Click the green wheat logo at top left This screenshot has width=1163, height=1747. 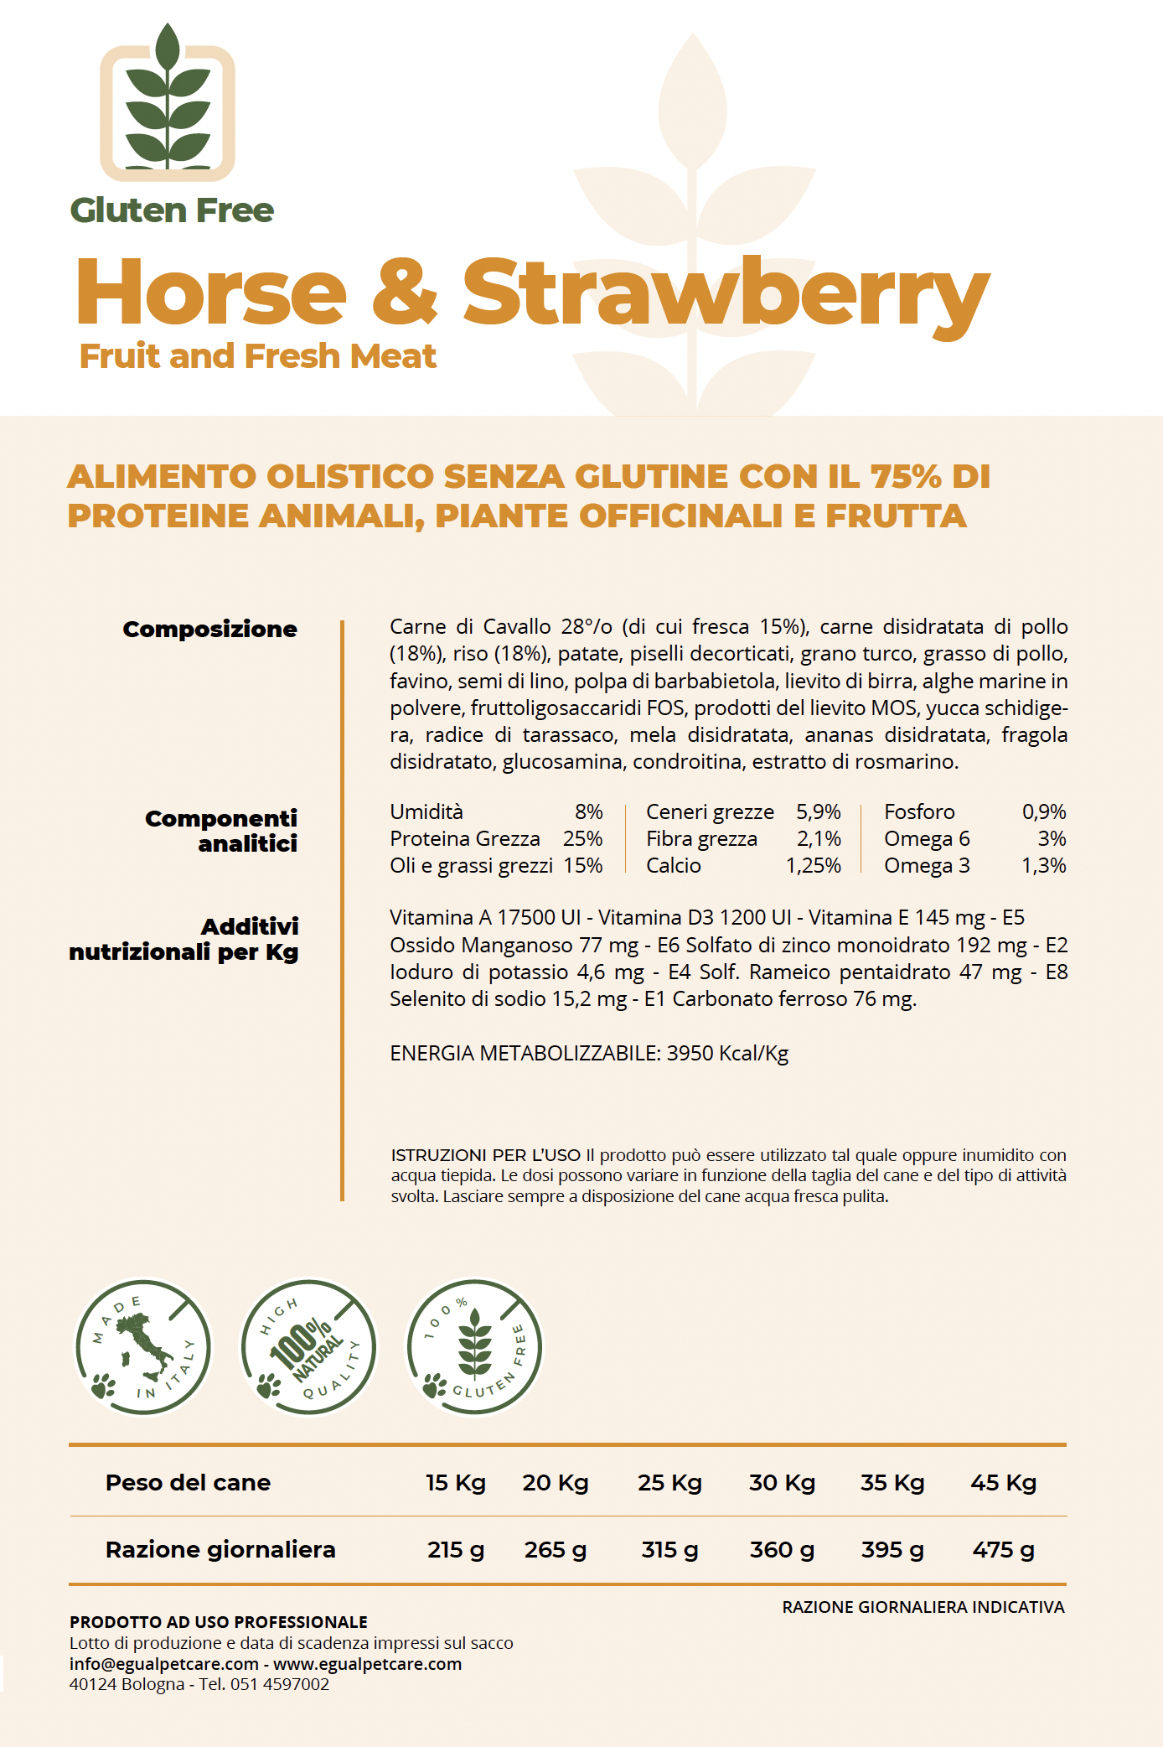point(168,105)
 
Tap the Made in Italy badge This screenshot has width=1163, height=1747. point(143,1347)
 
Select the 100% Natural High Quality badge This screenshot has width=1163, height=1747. point(308,1347)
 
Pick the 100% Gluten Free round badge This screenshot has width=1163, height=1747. point(474,1347)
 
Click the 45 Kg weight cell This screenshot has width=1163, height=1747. point(1003,1483)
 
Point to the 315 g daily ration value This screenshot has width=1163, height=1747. point(669,1550)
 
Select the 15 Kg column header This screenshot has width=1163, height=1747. point(455,1483)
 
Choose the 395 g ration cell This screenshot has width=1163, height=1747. point(892,1550)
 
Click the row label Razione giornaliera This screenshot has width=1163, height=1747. point(220,1550)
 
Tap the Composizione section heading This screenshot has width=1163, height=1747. point(209,630)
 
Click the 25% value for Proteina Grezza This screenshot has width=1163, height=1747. point(582,839)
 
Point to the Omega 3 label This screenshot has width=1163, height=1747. point(927,866)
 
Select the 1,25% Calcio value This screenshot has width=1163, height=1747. point(813,866)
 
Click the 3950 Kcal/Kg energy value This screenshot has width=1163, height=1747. point(727,1054)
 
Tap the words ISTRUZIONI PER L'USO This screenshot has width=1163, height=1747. point(485,1155)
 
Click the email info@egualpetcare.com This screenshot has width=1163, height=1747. point(163,1664)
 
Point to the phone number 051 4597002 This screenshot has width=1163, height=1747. point(280,1684)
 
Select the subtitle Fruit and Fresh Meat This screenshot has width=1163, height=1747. point(257,356)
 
